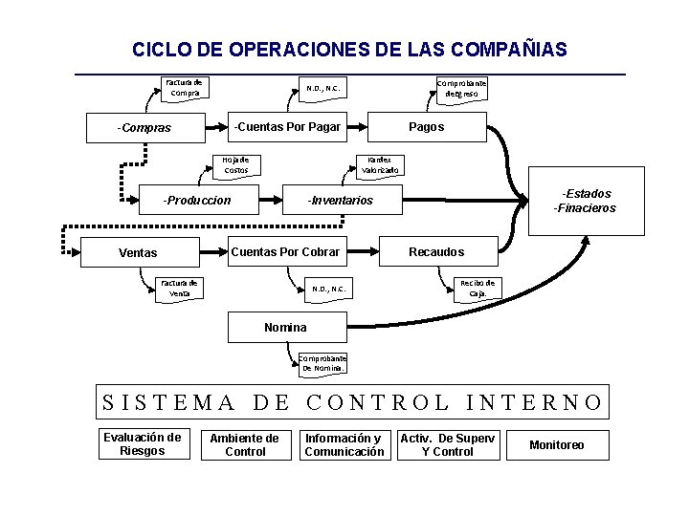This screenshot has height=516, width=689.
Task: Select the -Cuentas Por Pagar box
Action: point(287,126)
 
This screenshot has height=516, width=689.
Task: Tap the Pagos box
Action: point(426,126)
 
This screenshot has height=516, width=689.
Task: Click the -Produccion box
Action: point(197,201)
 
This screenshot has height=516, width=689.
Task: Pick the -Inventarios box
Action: point(341,201)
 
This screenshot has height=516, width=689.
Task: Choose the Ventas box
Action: point(139,253)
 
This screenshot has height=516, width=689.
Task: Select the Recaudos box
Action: point(436,251)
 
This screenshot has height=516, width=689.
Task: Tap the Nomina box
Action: point(285,328)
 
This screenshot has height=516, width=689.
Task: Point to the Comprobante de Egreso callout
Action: point(462,89)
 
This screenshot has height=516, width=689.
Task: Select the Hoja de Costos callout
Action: point(236,164)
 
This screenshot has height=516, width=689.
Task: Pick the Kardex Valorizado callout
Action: point(380,165)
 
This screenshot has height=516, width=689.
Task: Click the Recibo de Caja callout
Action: point(478,288)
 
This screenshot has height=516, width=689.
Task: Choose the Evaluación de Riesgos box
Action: point(142,444)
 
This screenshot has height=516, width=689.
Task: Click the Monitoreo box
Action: point(556,445)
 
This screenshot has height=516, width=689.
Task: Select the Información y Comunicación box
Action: point(344,445)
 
